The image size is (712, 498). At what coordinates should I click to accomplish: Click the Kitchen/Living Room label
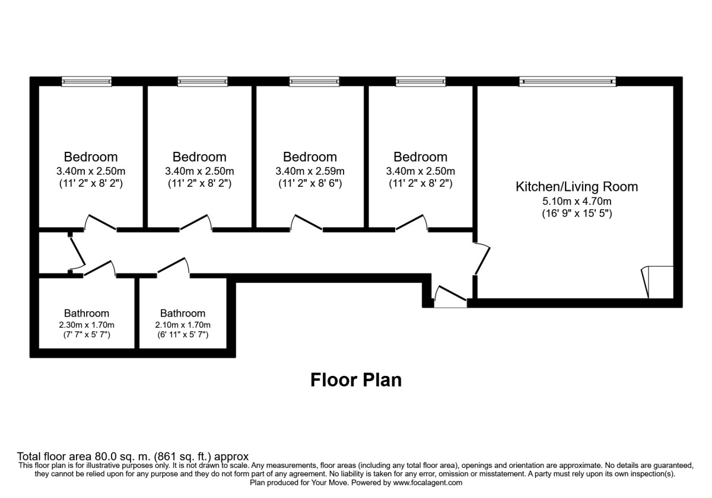tap(576, 187)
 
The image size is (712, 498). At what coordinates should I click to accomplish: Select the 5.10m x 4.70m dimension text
tap(576, 200)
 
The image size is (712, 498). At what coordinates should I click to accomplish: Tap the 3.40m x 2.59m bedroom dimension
tap(310, 171)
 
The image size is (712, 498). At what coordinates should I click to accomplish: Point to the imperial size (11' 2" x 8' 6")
tap(310, 184)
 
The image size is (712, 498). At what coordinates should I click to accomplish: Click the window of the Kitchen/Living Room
tap(567, 82)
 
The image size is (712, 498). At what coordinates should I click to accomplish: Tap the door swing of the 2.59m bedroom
tap(306, 222)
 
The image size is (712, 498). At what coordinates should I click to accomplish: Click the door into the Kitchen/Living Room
tap(482, 258)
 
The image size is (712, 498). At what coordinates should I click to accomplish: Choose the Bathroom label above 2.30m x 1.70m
tap(87, 313)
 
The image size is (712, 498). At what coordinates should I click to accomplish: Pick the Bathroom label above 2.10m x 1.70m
tap(183, 313)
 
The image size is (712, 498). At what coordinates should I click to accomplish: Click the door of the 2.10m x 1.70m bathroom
tap(173, 267)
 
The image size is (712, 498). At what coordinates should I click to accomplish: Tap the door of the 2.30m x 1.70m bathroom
tap(100, 268)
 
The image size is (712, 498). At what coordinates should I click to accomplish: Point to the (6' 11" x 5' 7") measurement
tap(183, 335)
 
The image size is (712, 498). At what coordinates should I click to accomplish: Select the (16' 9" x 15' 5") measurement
tap(576, 213)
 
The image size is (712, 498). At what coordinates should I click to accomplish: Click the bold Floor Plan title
tap(356, 379)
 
